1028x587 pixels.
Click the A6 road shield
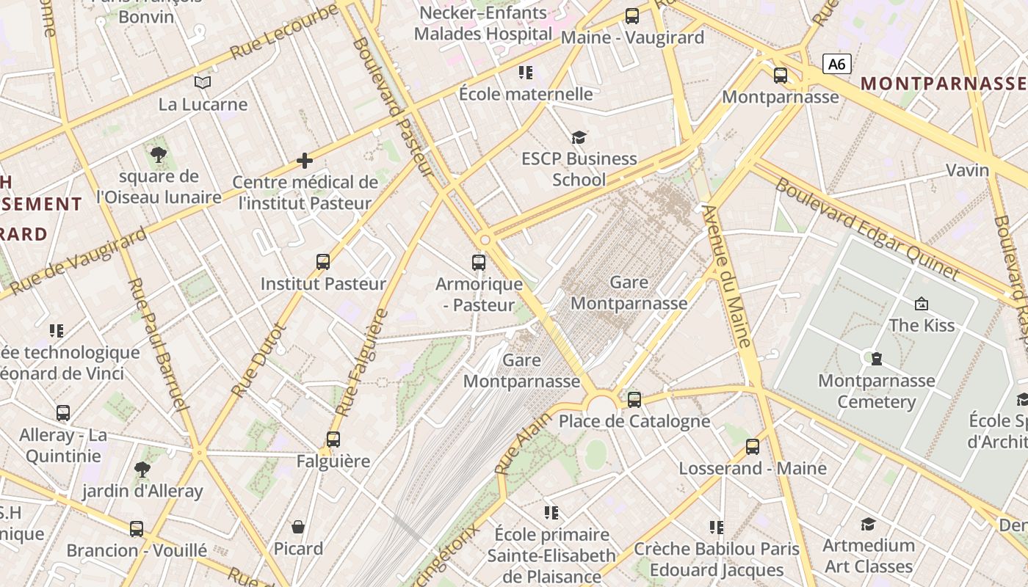pyautogui.click(x=836, y=64)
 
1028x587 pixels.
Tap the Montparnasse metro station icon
pyautogui.click(x=780, y=75)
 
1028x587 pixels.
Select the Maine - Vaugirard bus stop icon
pyautogui.click(x=631, y=15)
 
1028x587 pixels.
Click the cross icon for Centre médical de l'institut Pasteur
pyautogui.click(x=304, y=160)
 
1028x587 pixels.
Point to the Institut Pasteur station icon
pyautogui.click(x=322, y=261)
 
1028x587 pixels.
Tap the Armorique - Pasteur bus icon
pyautogui.click(x=478, y=262)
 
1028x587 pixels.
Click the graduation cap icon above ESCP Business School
pyautogui.click(x=579, y=137)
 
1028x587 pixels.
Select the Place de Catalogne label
pyautogui.click(x=634, y=421)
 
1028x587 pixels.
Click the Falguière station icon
pyautogui.click(x=333, y=439)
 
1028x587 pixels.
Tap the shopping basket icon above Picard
pyautogui.click(x=297, y=526)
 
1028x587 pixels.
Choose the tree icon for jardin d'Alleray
pyautogui.click(x=142, y=469)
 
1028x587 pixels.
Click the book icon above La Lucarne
pyautogui.click(x=203, y=82)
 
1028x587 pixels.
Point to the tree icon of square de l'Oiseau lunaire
pyautogui.click(x=158, y=154)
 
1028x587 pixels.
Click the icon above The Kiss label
pyautogui.click(x=921, y=303)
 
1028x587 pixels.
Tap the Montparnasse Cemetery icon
pyautogui.click(x=875, y=359)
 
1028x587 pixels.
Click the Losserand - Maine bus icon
pyautogui.click(x=752, y=446)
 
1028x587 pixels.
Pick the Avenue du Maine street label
pyautogui.click(x=727, y=275)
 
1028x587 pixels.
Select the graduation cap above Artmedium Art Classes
pyautogui.click(x=867, y=523)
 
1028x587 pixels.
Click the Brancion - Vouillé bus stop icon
pyautogui.click(x=136, y=528)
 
